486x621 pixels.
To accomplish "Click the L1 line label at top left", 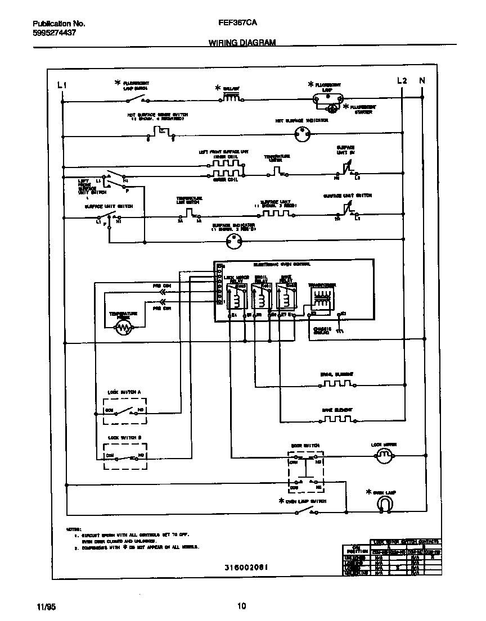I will (x=62, y=85).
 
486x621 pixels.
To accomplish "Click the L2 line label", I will (x=402, y=81).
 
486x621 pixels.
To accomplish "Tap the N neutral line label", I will (x=422, y=81).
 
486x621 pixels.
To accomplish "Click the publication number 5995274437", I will (x=55, y=33).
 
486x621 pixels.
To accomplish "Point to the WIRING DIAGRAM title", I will (x=242, y=43).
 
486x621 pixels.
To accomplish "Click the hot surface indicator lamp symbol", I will (x=303, y=134).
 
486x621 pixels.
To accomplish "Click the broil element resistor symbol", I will (x=337, y=384).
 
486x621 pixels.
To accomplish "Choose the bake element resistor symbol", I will (x=337, y=419).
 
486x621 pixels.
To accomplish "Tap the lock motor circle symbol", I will (x=384, y=456).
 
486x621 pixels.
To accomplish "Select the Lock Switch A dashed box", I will (x=124, y=411).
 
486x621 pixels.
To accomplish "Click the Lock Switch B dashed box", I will (x=124, y=456).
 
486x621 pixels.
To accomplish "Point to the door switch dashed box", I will (x=305, y=471).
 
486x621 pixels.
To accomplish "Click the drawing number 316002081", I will (x=242, y=567).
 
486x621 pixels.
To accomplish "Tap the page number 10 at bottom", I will (x=242, y=606).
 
